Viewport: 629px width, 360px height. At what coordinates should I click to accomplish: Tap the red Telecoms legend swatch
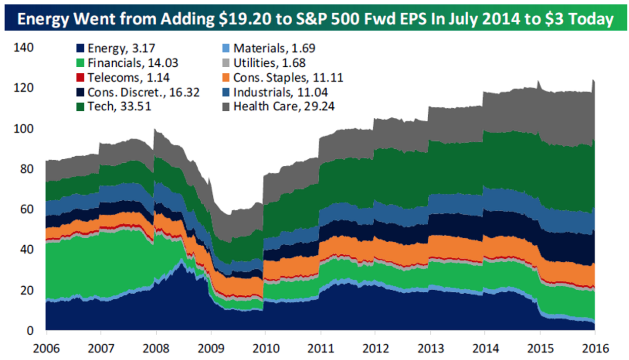[81, 78]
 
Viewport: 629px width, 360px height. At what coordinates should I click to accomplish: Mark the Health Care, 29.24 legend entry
[284, 107]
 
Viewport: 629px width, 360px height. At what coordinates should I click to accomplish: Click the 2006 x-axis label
[47, 348]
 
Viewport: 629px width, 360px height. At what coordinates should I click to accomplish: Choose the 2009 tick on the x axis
[211, 348]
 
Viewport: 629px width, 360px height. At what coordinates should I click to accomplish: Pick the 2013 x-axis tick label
[430, 348]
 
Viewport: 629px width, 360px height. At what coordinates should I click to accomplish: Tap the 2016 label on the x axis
[595, 348]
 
